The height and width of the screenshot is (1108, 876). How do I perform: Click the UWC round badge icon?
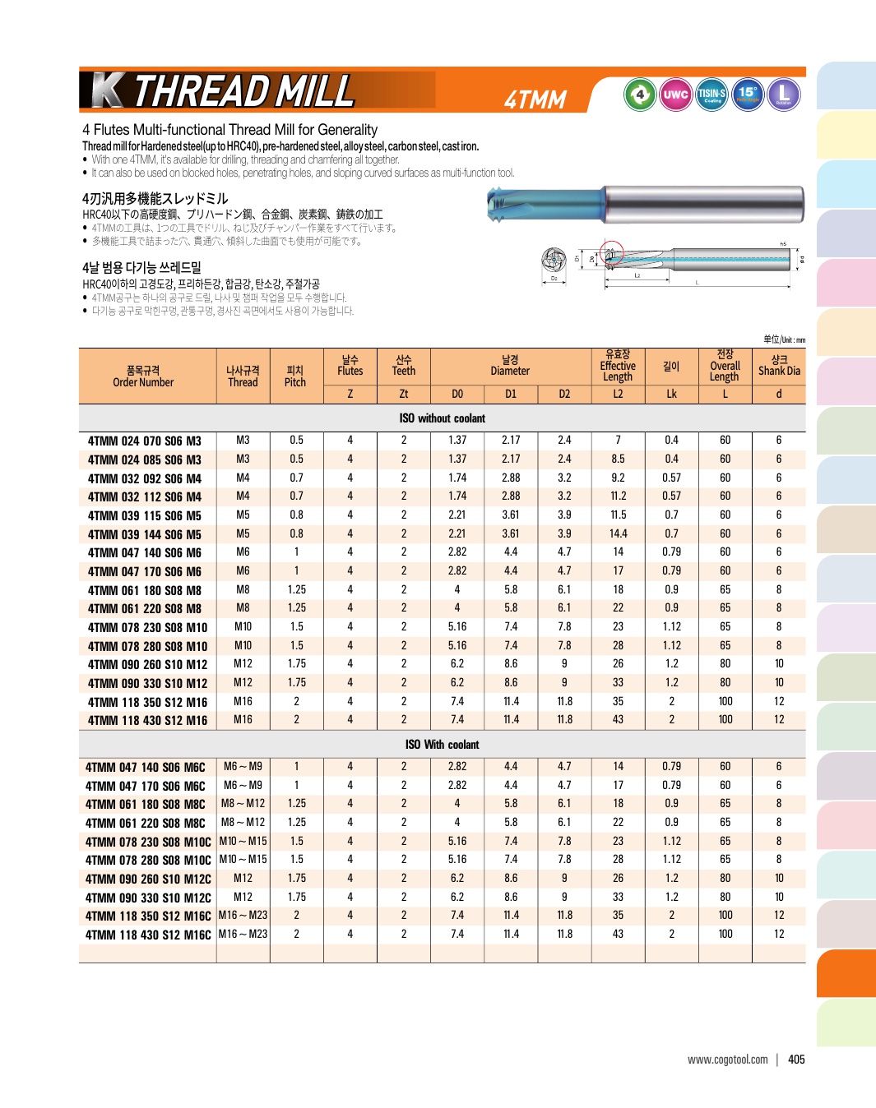click(675, 95)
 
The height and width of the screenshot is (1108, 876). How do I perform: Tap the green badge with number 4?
click(640, 95)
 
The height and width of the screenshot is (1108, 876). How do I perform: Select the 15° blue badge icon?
click(748, 95)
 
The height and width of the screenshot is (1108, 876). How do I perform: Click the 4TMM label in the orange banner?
click(535, 99)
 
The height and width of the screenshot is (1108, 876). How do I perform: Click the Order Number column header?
click(143, 376)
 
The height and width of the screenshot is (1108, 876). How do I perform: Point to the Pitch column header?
click(295, 376)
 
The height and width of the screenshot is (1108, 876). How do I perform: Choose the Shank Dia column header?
click(779, 366)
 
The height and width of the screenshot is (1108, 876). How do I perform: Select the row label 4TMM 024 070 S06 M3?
click(145, 441)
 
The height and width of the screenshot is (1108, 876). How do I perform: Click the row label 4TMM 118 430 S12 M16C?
click(148, 935)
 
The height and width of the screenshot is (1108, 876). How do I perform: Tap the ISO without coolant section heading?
click(443, 418)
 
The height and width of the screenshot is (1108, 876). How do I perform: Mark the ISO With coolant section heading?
click(443, 745)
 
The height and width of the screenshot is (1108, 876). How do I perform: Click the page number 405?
click(796, 1060)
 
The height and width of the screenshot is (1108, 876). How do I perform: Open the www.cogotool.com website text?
click(728, 1060)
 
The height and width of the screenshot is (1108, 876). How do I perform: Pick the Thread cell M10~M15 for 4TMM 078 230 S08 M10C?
click(243, 841)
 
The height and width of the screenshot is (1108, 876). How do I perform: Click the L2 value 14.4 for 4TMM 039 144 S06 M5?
click(618, 533)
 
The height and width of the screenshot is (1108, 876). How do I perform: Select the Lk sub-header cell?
click(671, 394)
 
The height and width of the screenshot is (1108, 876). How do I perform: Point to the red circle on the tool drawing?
click(611, 253)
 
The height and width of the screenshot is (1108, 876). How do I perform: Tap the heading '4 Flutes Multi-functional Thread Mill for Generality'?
click(229, 130)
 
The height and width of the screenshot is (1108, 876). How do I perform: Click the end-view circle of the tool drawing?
click(554, 260)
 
